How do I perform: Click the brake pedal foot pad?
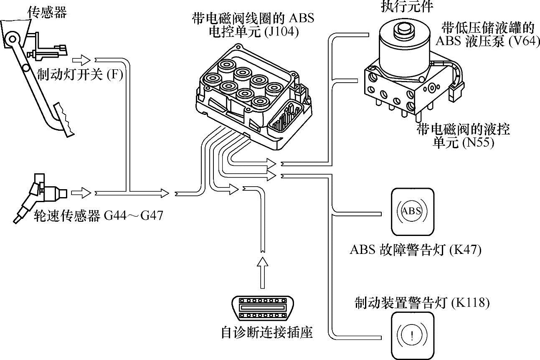[63, 120]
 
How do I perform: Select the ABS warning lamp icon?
[412, 212]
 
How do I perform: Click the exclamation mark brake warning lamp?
[412, 335]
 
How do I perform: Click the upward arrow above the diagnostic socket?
[263, 273]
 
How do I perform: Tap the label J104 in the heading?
[281, 32]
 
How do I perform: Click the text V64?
[524, 41]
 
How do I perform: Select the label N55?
[478, 142]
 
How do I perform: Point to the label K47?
[466, 250]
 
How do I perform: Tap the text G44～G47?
[133, 215]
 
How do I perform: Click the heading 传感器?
[47, 12]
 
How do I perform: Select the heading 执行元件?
[407, 6]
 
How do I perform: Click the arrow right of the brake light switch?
[81, 60]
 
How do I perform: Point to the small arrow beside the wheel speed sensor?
[81, 193]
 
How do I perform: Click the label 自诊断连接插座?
[267, 333]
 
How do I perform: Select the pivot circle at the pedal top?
[13, 39]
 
